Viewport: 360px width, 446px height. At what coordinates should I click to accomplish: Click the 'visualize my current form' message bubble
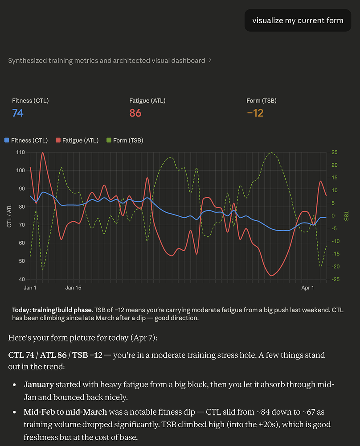[298, 21]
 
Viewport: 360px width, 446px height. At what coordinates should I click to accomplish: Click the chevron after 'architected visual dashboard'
[210, 61]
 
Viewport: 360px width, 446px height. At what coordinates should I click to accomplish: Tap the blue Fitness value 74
[18, 113]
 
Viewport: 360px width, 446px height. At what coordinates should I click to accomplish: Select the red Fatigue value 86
[135, 113]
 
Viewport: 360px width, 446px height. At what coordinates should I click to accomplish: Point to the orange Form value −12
[255, 113]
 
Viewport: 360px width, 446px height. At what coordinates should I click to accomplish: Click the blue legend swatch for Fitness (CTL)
[7, 140]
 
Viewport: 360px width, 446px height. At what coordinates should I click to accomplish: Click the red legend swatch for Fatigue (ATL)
[58, 140]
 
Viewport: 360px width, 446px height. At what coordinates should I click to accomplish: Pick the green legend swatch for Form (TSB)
[109, 140]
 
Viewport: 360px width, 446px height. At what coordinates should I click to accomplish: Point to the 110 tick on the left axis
[20, 153]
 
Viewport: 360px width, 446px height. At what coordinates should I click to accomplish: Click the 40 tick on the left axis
[22, 280]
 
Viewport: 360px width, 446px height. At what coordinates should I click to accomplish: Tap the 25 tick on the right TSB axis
[335, 153]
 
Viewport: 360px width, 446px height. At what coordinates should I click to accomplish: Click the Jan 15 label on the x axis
[73, 288]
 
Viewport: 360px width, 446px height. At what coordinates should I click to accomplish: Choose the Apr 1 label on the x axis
[307, 288]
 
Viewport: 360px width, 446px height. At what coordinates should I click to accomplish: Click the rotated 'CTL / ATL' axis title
[9, 216]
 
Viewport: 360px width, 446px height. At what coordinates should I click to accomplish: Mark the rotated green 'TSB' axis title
[345, 216]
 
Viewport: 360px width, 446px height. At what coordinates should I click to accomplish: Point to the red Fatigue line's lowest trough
[272, 276]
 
